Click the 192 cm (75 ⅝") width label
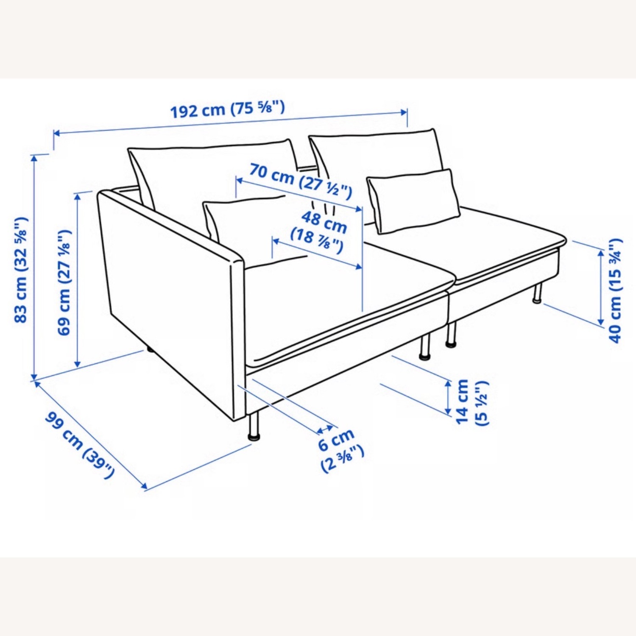point(227,109)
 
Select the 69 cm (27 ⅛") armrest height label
point(64,283)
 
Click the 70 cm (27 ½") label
point(300,180)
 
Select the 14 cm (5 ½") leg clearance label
point(471,402)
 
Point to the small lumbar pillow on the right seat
point(414,201)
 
